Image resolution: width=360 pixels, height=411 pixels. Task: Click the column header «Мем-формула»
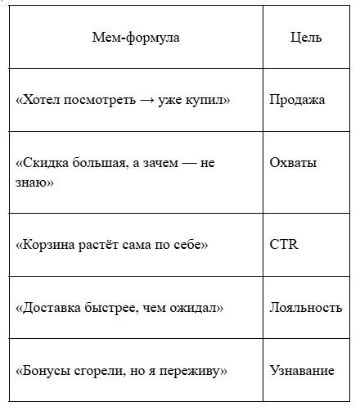(136, 37)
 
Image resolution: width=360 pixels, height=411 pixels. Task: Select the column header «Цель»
(306, 37)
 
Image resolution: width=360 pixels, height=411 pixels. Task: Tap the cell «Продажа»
(297, 100)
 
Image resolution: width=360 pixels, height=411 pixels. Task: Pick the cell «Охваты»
(293, 163)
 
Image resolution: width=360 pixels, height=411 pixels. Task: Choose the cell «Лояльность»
(305, 308)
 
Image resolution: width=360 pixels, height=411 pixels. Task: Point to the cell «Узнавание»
(302, 371)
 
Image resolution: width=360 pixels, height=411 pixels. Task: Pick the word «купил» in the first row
(209, 100)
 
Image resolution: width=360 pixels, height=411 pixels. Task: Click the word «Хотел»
(40, 100)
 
